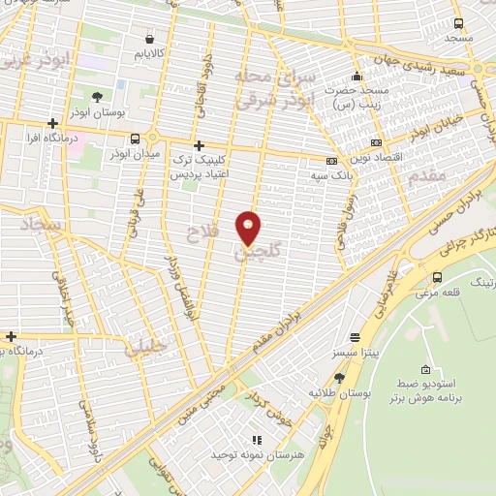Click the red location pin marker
249,227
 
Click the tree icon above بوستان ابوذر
98,96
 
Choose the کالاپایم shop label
155,48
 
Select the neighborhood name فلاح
191,231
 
